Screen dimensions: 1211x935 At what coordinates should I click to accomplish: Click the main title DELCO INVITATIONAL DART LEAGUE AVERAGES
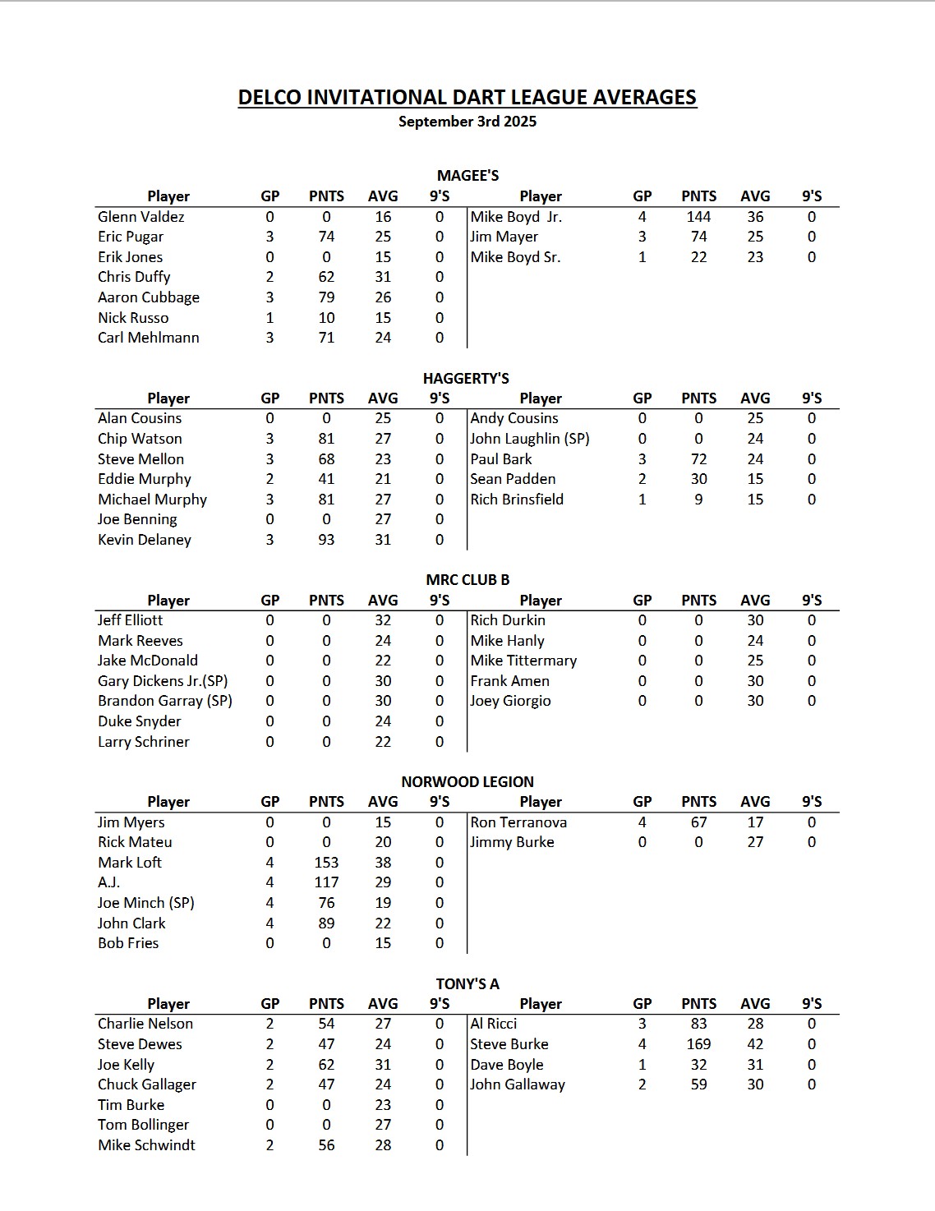pyautogui.click(x=467, y=98)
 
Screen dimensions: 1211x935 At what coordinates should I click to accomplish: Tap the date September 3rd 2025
pyautogui.click(x=467, y=122)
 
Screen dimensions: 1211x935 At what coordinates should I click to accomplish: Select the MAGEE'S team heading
pyautogui.click(x=467, y=176)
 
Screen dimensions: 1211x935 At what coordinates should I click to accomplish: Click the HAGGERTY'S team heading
pyautogui.click(x=466, y=379)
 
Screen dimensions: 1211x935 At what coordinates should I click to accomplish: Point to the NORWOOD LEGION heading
pyautogui.click(x=467, y=782)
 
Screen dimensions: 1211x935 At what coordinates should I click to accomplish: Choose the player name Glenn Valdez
pyautogui.click(x=140, y=217)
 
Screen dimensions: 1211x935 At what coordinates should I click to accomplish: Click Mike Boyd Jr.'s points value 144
pyautogui.click(x=698, y=217)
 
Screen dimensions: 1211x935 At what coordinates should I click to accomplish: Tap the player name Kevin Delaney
pyautogui.click(x=144, y=540)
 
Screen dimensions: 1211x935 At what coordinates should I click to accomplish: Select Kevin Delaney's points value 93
pyautogui.click(x=326, y=540)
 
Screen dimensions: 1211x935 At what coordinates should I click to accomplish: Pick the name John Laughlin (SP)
pyautogui.click(x=529, y=439)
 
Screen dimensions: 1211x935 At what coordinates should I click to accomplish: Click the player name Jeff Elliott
pyautogui.click(x=130, y=620)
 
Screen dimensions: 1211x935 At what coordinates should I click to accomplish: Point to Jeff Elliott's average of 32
pyautogui.click(x=383, y=620)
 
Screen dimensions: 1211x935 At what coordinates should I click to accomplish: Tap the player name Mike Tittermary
pyautogui.click(x=523, y=661)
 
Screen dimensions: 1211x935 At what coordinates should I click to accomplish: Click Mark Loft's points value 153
pyautogui.click(x=326, y=863)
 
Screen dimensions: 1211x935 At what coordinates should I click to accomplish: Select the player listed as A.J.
pyautogui.click(x=108, y=882)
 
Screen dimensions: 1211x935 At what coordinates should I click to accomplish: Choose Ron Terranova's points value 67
pyautogui.click(x=698, y=822)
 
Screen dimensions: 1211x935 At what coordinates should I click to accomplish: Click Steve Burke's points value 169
pyautogui.click(x=698, y=1044)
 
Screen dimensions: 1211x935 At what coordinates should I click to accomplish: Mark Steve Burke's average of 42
pyautogui.click(x=755, y=1044)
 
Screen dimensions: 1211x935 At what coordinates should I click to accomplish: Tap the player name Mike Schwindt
pyautogui.click(x=146, y=1145)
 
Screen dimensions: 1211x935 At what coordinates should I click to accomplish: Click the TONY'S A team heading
pyautogui.click(x=467, y=984)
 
